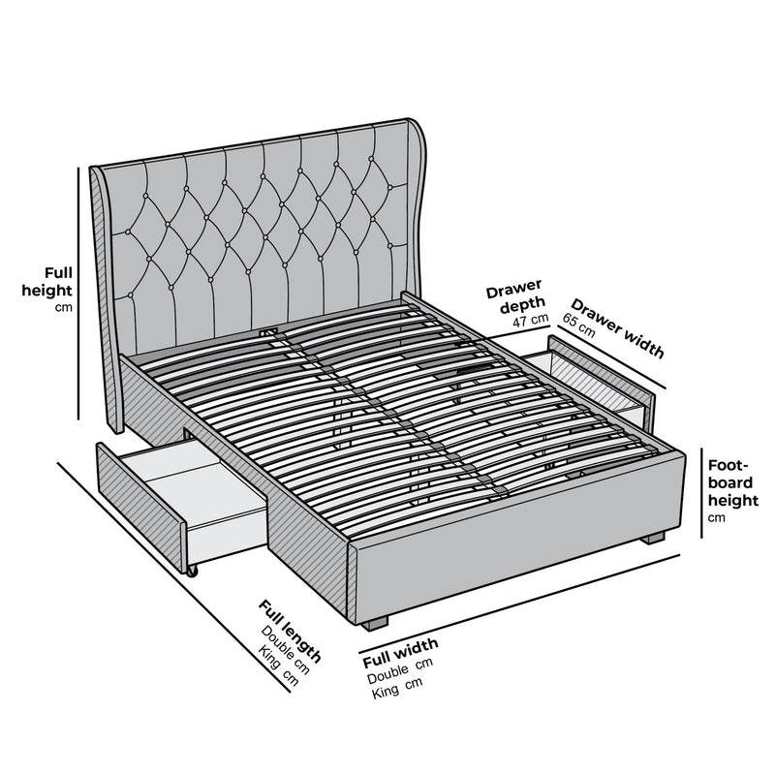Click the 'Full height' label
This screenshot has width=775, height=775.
(x=47, y=281)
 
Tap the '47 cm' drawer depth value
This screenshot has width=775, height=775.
(x=530, y=320)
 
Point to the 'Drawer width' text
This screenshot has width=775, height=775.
(x=617, y=327)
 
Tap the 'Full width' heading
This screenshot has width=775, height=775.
(x=400, y=654)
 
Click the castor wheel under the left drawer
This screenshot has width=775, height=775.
(x=192, y=571)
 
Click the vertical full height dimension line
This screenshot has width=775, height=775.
(x=79, y=291)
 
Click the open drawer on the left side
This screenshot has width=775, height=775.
(x=184, y=504)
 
